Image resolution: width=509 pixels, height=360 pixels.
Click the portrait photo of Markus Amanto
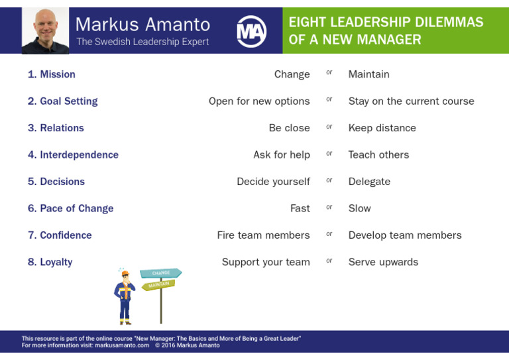tap(45, 30)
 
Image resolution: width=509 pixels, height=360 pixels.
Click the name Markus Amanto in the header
tap(142, 25)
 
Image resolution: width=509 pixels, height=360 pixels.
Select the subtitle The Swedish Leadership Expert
tap(142, 42)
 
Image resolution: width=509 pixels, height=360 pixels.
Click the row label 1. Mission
tap(52, 74)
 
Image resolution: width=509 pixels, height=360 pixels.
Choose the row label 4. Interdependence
tap(73, 154)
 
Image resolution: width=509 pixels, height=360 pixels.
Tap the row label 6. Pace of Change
tap(70, 208)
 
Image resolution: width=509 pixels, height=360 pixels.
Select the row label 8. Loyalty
tap(50, 262)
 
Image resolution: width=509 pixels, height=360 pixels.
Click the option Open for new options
tap(259, 101)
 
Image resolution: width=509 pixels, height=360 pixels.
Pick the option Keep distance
tap(382, 128)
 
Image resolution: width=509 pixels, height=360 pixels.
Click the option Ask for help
tap(281, 154)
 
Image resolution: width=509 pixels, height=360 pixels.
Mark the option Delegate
tap(369, 182)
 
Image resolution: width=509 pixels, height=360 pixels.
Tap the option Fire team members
tap(263, 235)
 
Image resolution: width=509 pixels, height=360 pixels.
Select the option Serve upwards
tap(383, 262)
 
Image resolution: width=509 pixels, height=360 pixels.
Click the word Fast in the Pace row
tap(300, 208)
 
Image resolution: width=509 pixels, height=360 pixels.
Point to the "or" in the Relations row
tap(329, 127)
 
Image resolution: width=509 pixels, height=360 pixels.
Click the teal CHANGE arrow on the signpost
tap(160, 272)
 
